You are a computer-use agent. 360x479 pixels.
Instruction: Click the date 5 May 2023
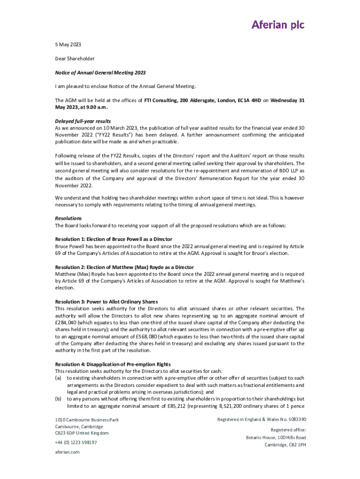point(68,44)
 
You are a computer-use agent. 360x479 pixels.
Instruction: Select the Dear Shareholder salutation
point(75,58)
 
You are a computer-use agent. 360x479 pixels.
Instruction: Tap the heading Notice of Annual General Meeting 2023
point(101,73)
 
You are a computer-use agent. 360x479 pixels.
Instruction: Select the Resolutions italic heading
point(68,218)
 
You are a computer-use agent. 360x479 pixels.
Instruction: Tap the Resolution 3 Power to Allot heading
point(107,302)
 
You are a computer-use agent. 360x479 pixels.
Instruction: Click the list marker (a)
point(58,378)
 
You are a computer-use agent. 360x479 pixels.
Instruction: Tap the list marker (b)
point(58,399)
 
